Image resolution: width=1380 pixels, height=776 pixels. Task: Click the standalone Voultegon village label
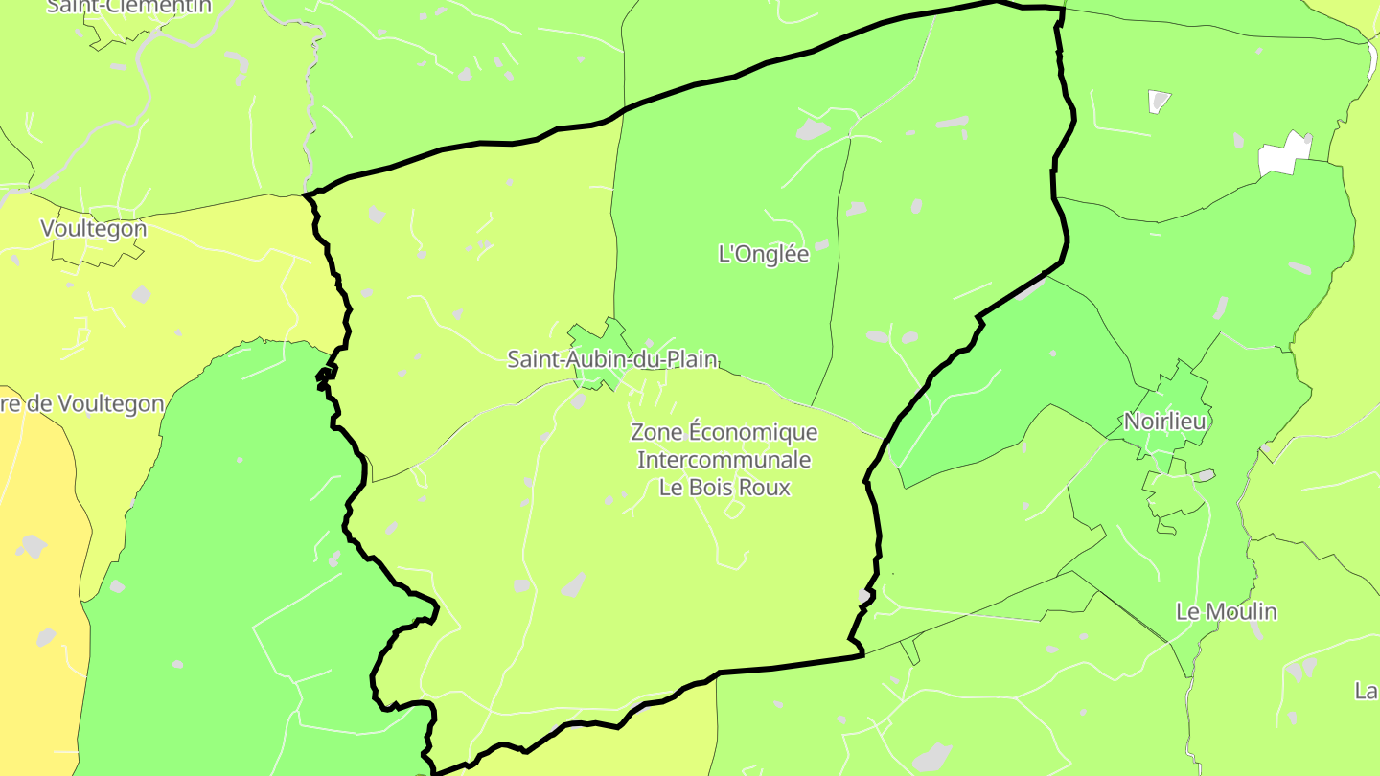point(94,229)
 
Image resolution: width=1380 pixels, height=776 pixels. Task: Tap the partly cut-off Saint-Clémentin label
point(128,7)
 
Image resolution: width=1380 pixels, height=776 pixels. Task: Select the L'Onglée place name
point(764,254)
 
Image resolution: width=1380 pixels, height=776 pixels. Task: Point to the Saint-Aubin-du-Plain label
point(611,359)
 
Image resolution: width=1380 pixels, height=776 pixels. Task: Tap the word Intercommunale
point(724,460)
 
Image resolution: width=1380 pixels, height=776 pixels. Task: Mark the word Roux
point(769,487)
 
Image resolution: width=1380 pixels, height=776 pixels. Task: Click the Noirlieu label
point(1166,422)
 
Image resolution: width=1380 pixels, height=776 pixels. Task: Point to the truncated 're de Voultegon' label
point(82,403)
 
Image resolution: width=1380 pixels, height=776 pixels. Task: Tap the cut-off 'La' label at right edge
point(1367,691)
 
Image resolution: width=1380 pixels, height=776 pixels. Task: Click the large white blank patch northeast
point(1284,154)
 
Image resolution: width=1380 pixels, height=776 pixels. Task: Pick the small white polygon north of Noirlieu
point(1160,100)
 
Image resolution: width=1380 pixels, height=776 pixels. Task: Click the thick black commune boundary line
point(479,143)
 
